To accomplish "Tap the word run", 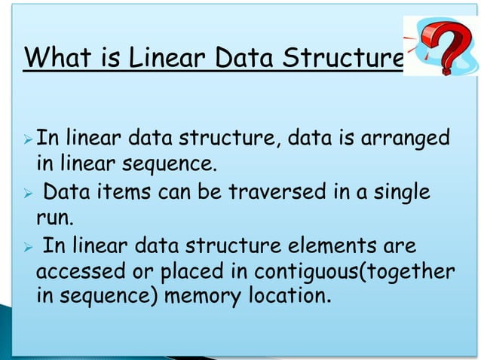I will pos(52,219).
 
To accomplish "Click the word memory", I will pos(210,294).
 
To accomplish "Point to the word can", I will pos(174,193).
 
